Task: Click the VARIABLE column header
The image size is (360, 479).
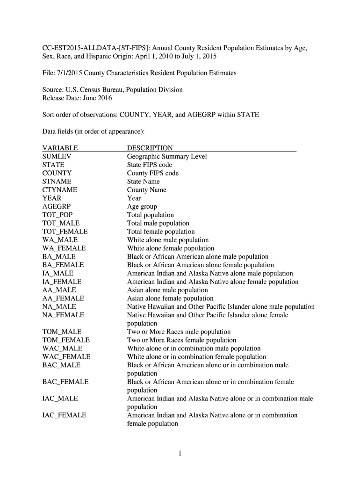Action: point(60,148)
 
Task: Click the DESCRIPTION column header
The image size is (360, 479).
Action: point(150,148)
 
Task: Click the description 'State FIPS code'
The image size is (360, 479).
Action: point(149,165)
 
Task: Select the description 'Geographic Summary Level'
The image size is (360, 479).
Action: point(166,157)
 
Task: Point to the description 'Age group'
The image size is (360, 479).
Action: point(142,207)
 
